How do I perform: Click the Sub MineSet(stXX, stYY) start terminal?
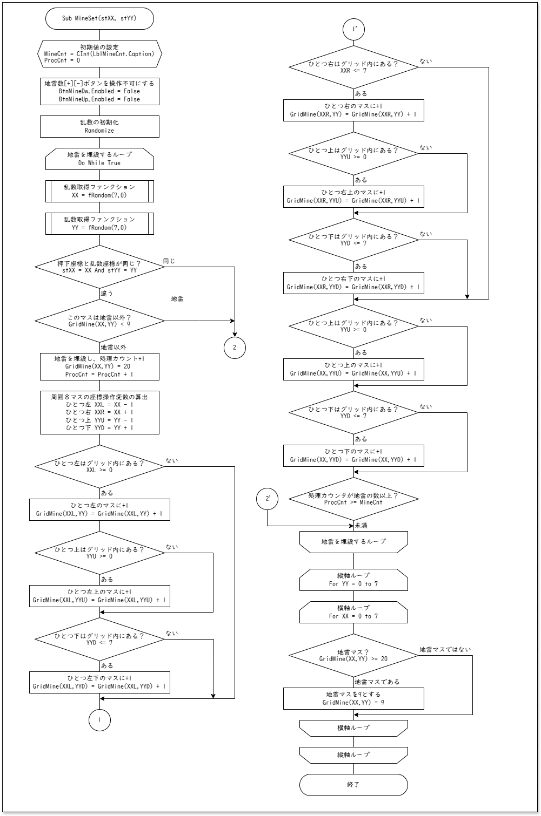pyautogui.click(x=99, y=18)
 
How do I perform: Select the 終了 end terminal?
pyautogui.click(x=353, y=785)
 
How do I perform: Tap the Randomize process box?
pyautogui.click(x=99, y=126)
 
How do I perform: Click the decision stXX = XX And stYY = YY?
pyautogui.click(x=99, y=267)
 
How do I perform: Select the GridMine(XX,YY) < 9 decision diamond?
pyautogui.click(x=99, y=321)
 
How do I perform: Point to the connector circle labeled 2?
pyautogui.click(x=235, y=348)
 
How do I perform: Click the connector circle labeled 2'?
pyautogui.click(x=267, y=499)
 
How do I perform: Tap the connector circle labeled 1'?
pyautogui.click(x=353, y=29)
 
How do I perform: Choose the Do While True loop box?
pyautogui.click(x=99, y=159)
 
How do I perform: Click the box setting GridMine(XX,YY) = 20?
pyautogui.click(x=99, y=366)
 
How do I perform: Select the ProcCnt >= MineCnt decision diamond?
pyautogui.click(x=353, y=499)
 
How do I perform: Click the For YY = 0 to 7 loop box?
pyautogui.click(x=353, y=580)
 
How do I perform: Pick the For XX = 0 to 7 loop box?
pyautogui.click(x=353, y=612)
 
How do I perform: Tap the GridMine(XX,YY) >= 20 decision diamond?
pyautogui.click(x=353, y=655)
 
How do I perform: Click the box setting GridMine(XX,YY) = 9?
pyautogui.click(x=353, y=698)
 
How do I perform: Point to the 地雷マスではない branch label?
pyautogui.click(x=445, y=650)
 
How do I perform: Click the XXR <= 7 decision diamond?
pyautogui.click(x=353, y=67)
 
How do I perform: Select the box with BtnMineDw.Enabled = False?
pyautogui.click(x=99, y=91)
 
